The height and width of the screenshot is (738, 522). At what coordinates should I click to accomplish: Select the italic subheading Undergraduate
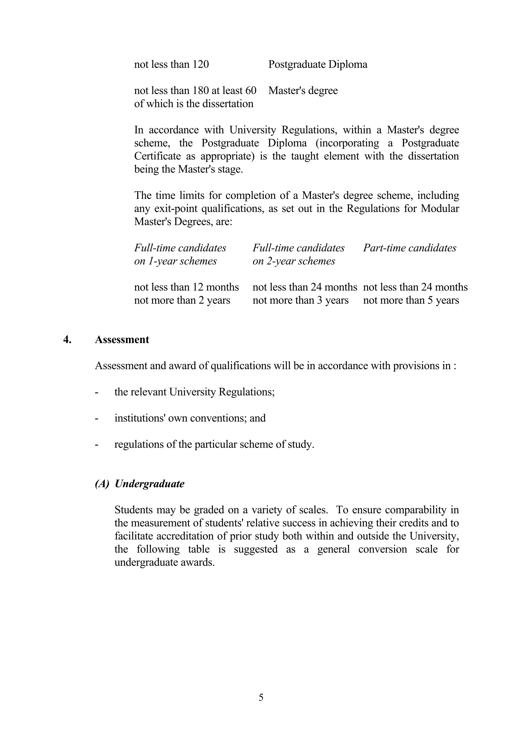[150, 484]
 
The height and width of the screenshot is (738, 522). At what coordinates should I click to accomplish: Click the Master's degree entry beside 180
[303, 91]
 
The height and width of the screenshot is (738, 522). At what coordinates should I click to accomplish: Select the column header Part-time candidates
[409, 248]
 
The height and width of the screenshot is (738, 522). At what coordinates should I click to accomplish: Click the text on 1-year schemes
[175, 261]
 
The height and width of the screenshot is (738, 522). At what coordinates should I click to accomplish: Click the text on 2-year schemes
[294, 261]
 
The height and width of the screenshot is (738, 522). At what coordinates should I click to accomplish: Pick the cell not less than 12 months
[186, 287]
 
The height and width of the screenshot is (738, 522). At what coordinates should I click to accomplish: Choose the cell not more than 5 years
[411, 300]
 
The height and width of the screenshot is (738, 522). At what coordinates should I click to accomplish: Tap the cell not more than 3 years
[301, 300]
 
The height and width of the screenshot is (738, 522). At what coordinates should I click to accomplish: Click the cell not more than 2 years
[182, 300]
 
